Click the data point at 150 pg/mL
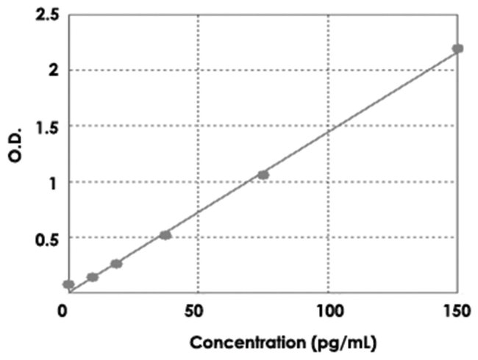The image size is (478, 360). pos(457,48)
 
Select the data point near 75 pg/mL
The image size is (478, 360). pos(263,175)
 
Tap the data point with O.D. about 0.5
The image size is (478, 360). pos(165,235)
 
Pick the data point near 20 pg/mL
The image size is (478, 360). pos(116,264)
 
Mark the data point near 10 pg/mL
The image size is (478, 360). pos(93,277)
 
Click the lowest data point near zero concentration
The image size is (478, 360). pos(68,284)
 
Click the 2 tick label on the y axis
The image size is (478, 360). pos(54,71)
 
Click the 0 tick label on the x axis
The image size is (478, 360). pos(65,312)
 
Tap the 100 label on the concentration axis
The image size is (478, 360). pos(327,312)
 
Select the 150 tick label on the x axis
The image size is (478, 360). pos(457,312)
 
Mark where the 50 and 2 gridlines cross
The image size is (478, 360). pos(197,71)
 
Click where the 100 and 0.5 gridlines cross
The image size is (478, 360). pos(328,238)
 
